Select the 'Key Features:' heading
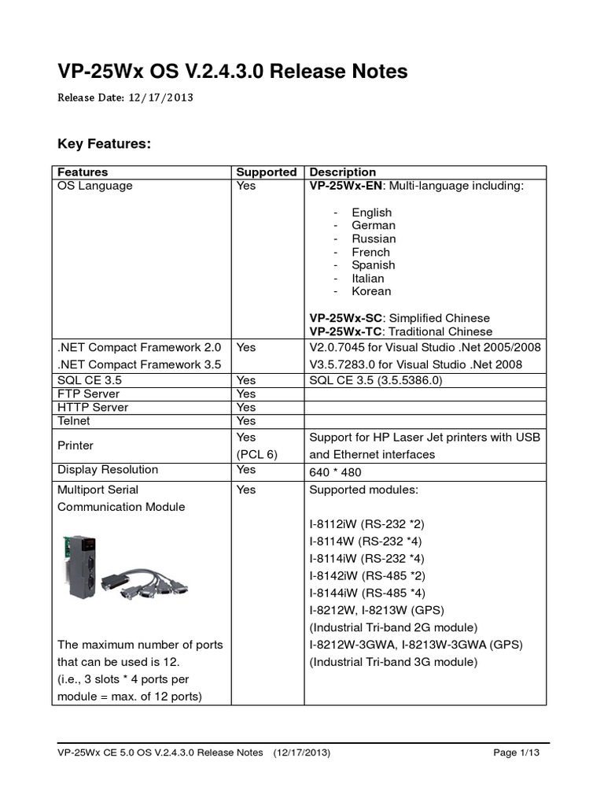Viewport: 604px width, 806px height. (x=104, y=144)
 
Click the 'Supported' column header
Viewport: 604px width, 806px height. (x=267, y=172)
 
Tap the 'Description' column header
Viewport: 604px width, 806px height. (x=343, y=172)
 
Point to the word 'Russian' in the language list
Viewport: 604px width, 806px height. (x=374, y=238)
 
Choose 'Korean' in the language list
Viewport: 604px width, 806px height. (x=371, y=291)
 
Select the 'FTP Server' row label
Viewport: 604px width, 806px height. (x=89, y=394)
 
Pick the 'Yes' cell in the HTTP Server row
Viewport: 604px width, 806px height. (x=246, y=407)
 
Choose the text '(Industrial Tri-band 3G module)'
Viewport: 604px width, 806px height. (x=393, y=662)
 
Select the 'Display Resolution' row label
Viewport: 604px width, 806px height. (x=108, y=470)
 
